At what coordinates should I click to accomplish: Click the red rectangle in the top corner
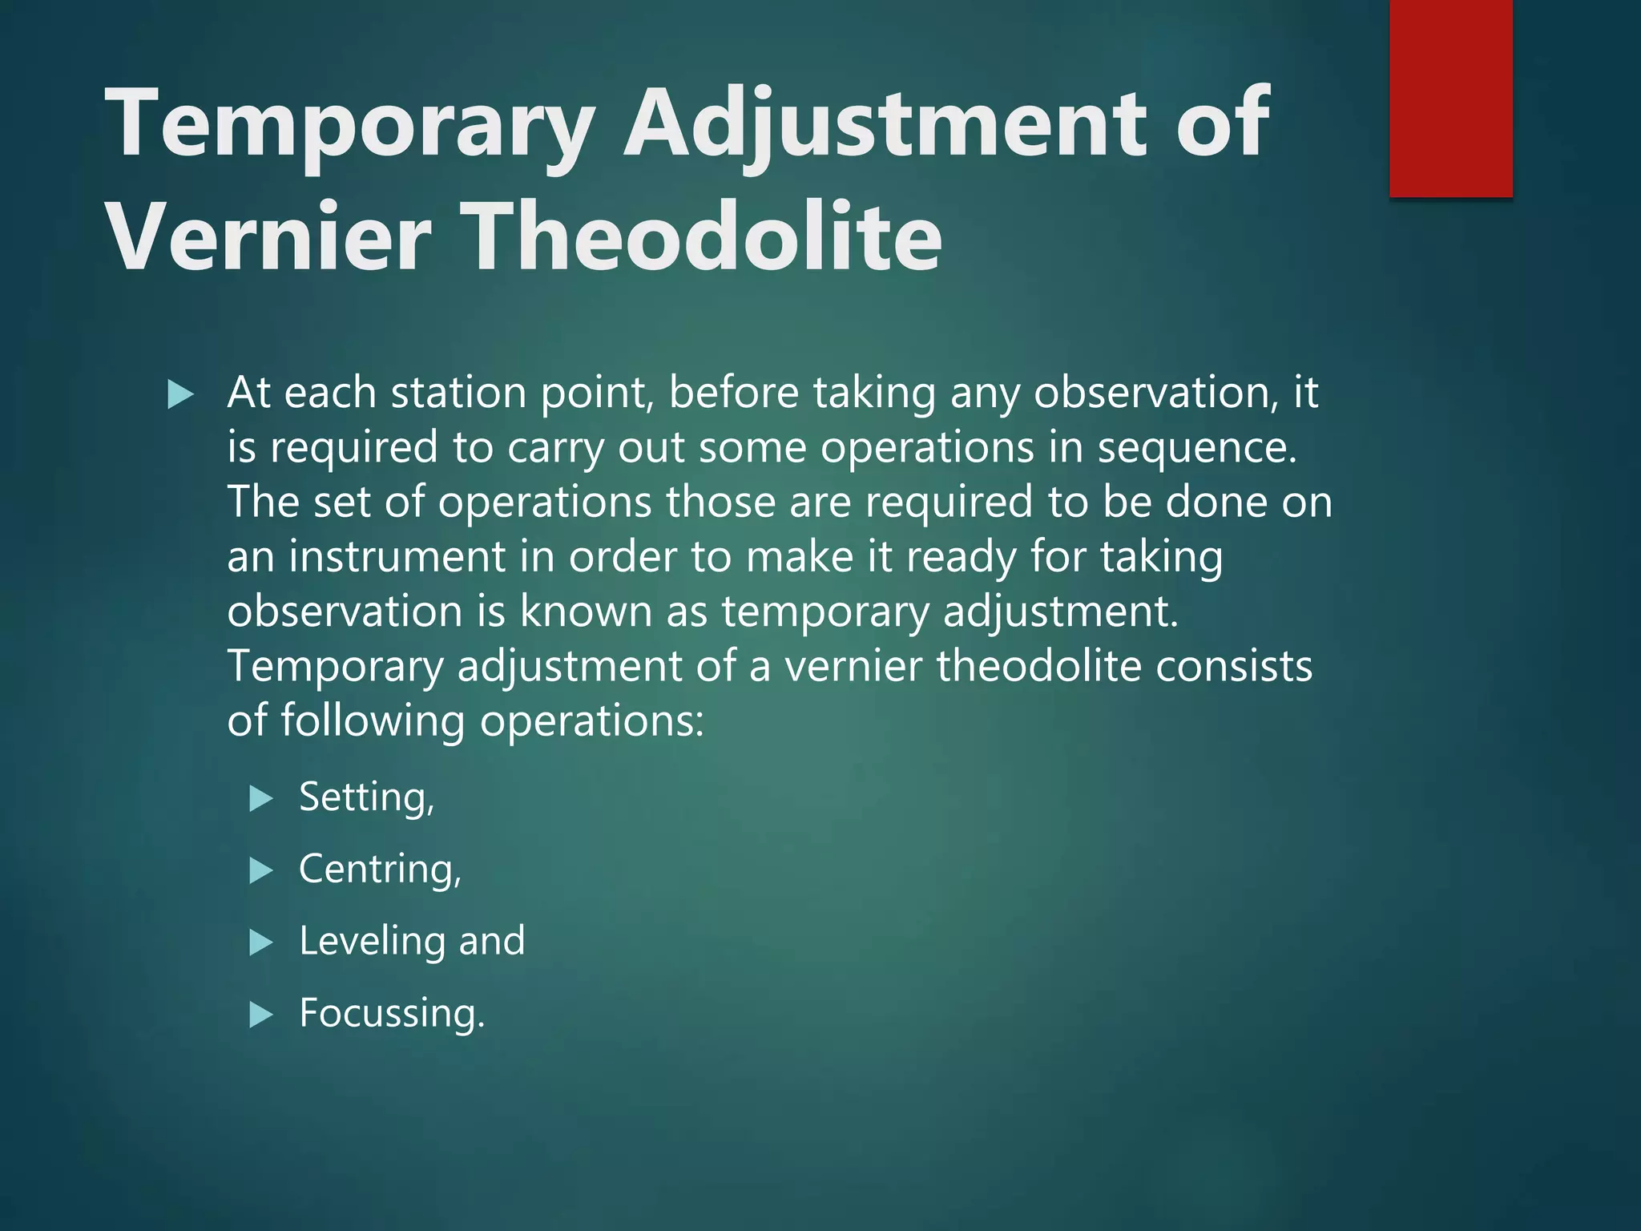[1450, 98]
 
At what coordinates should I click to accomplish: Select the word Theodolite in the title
[703, 237]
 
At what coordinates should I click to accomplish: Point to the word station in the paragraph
[458, 393]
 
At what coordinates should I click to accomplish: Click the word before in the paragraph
[733, 393]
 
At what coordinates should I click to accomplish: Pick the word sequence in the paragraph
[1195, 447]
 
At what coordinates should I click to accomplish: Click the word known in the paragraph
[586, 611]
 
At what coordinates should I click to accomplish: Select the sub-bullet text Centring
[380, 870]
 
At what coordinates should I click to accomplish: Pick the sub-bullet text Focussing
[391, 1014]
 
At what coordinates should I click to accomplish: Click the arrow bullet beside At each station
[181, 394]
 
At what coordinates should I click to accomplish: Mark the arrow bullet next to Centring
[261, 870]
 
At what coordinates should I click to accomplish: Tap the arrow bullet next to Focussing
[261, 1015]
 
